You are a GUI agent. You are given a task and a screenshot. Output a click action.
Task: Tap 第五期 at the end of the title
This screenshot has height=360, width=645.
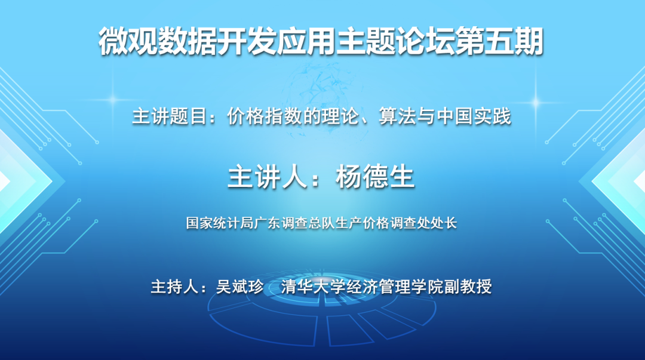499,41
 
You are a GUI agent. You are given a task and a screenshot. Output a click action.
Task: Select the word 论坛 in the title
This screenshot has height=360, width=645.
425,41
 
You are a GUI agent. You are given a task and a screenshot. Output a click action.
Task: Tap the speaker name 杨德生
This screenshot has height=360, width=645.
374,177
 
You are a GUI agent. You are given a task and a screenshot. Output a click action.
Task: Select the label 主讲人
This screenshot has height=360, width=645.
268,177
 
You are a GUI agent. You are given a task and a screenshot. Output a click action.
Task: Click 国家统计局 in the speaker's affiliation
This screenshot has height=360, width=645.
220,223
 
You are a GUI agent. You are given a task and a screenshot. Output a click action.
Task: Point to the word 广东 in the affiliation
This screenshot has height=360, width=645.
268,223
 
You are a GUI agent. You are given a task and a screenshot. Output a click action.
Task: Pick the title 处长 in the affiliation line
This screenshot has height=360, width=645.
444,223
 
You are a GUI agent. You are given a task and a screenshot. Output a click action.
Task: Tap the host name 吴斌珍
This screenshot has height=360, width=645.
240,287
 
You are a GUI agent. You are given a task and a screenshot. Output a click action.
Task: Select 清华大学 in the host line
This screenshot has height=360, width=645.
313,287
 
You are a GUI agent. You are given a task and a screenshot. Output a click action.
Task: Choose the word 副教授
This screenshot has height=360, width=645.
468,287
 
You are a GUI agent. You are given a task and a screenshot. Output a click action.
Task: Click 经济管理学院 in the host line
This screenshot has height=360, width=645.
395,287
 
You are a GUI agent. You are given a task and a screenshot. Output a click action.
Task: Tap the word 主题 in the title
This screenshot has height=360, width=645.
365,41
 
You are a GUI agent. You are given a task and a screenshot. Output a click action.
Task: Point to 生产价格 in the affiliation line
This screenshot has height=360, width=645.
363,223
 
